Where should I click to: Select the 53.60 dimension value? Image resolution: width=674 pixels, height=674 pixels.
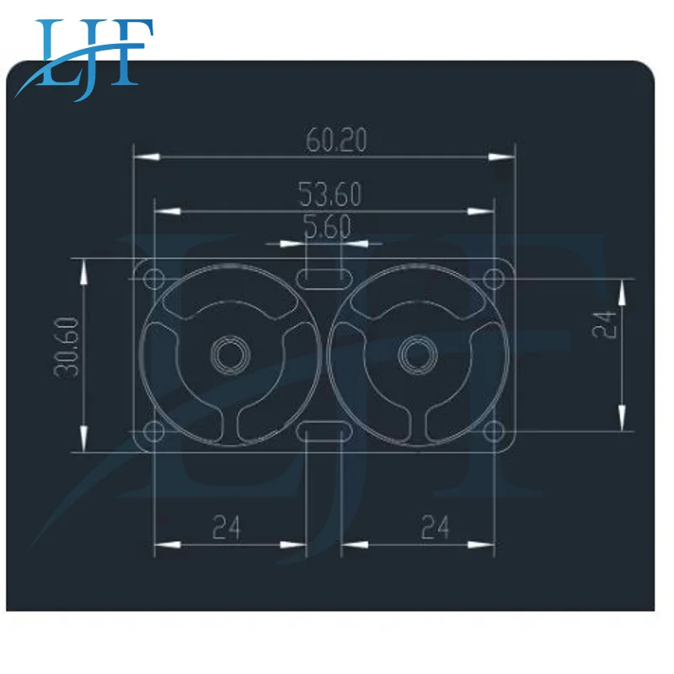point(330,195)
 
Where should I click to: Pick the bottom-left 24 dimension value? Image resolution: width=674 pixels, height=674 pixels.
point(226,527)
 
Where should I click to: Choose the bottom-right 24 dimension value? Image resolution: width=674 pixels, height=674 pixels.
point(435,527)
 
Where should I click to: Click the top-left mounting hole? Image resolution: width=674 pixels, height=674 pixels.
point(154,278)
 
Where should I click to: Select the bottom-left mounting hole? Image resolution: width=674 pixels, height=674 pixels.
point(154,432)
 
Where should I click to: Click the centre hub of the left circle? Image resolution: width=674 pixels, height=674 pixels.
point(226,355)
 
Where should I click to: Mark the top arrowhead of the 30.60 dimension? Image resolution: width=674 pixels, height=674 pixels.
point(83,270)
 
